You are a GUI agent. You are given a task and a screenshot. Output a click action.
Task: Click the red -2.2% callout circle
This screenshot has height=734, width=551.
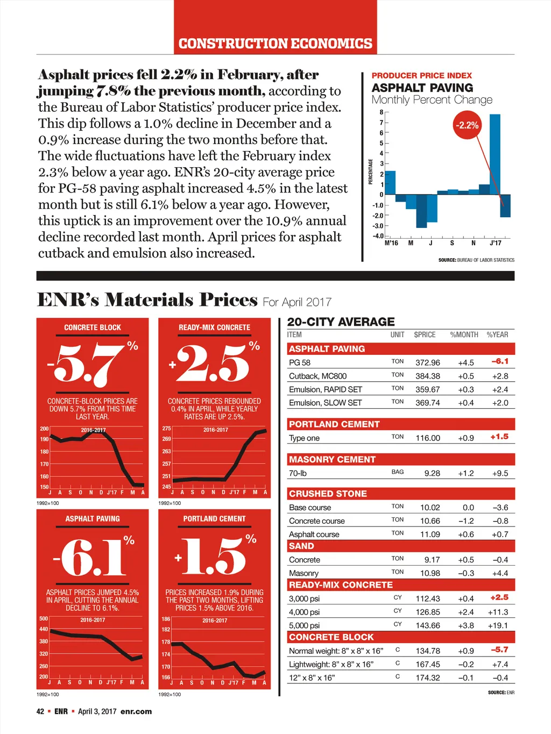(467, 125)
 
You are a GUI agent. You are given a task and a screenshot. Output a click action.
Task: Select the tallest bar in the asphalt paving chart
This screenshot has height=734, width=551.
(495, 154)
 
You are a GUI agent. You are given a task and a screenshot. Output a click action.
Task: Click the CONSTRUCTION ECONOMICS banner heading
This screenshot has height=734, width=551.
(275, 44)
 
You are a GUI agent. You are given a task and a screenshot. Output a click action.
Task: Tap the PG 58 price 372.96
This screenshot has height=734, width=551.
(427, 362)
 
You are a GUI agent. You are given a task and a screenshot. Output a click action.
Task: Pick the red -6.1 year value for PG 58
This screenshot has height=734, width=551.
(500, 361)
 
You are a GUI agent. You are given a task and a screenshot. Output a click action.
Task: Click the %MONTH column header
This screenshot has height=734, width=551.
(464, 334)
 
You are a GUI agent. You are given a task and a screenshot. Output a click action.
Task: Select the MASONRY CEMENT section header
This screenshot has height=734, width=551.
(332, 459)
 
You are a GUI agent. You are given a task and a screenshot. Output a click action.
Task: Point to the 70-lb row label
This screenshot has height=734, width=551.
(298, 473)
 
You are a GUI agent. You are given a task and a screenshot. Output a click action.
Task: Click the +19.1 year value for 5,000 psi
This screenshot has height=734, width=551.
(498, 625)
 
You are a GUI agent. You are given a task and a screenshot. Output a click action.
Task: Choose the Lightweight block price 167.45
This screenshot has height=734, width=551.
(427, 664)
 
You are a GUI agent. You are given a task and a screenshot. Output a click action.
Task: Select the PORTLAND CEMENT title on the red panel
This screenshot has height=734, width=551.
(214, 519)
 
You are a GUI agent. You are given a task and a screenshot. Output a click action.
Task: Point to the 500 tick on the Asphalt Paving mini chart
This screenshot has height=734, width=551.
(44, 619)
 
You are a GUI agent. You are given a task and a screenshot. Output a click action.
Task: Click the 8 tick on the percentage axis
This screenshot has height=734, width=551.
(382, 112)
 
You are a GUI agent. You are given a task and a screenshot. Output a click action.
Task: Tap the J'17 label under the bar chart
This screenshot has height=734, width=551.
(495, 243)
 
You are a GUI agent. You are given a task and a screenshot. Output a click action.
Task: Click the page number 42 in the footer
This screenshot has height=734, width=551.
(40, 711)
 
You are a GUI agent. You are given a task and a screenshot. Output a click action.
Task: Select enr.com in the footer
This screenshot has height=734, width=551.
(136, 711)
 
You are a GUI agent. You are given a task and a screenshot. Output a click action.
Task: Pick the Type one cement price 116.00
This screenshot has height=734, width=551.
(427, 438)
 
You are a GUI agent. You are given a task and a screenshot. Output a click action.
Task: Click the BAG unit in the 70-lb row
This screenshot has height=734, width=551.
(398, 472)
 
